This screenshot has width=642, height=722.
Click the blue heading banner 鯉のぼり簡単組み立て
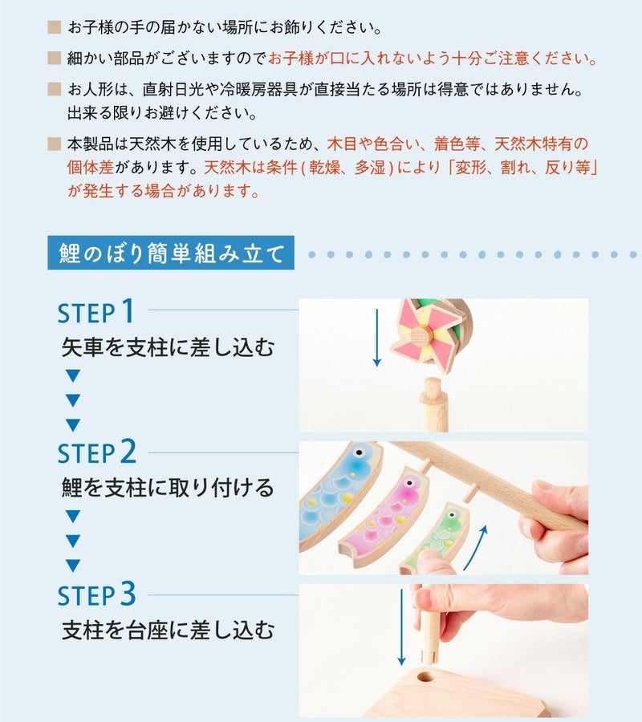pyautogui.click(x=171, y=253)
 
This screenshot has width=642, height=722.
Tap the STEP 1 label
pyautogui.click(x=95, y=311)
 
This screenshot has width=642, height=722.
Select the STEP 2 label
pyautogui.click(x=97, y=452)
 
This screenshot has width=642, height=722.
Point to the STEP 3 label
pyautogui.click(x=97, y=594)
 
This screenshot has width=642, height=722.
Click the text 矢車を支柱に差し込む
pyautogui.click(x=168, y=347)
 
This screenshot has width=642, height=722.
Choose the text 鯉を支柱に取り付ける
pyautogui.click(x=168, y=488)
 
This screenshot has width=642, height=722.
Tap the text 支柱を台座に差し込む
pyautogui.click(x=168, y=630)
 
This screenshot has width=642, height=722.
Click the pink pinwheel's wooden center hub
pyautogui.click(x=420, y=335)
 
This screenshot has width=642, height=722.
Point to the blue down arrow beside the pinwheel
pyautogui.click(x=377, y=338)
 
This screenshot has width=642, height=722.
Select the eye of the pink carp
pyautogui.click(x=408, y=483)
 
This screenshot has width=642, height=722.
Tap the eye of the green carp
pyautogui.click(x=452, y=515)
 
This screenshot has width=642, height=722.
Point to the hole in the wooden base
pyautogui.click(x=425, y=677)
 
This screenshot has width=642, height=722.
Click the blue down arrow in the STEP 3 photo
pyautogui.click(x=401, y=627)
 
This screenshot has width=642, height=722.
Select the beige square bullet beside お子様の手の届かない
pyautogui.click(x=55, y=27)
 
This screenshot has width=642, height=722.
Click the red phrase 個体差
pyautogui.click(x=90, y=167)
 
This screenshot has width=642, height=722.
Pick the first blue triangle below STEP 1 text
pyautogui.click(x=73, y=375)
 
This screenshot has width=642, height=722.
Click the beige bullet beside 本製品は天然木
pyautogui.click(x=55, y=144)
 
